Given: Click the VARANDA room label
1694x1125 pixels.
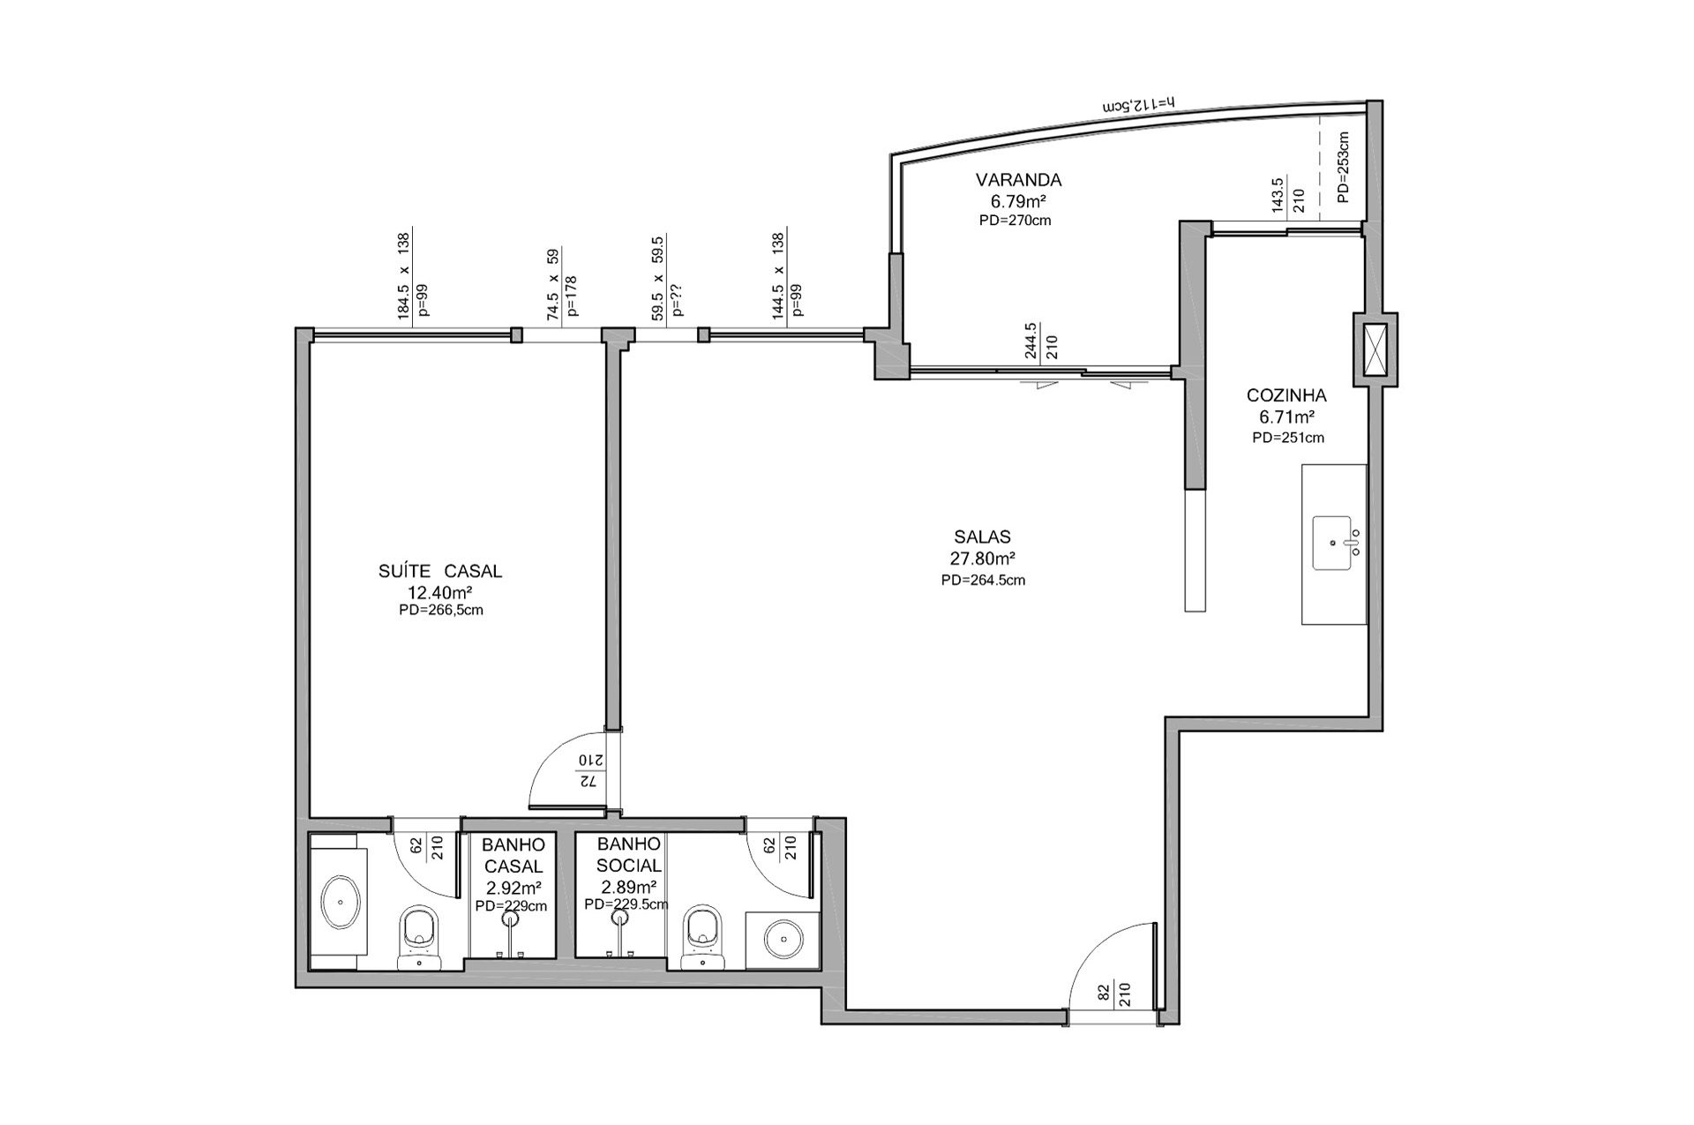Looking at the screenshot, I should pos(1018,180).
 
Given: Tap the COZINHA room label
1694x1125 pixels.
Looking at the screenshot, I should pos(1286,396).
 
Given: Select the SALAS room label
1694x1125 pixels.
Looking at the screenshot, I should pos(982,536).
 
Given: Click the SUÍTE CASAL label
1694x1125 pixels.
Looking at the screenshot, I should pos(440,572).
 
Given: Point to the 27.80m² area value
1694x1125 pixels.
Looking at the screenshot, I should pos(982,559).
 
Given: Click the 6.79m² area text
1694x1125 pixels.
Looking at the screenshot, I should pos(1018,201).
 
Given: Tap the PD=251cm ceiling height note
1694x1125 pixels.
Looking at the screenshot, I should pos(1288,438).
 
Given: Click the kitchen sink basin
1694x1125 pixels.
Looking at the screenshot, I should pos(1332,543).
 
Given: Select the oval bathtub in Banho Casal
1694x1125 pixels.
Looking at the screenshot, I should pos(339,903).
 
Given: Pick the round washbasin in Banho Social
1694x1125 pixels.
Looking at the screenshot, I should pos(781,941).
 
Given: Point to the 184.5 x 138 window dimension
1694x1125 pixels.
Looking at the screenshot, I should pos(403,275).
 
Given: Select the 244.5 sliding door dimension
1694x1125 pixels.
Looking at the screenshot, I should pos(1031,341).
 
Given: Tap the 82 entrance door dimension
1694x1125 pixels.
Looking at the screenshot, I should pos(1104,993).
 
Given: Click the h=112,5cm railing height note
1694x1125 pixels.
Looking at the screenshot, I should pos(1138,105).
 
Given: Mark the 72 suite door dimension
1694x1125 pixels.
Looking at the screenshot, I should pos(588,782).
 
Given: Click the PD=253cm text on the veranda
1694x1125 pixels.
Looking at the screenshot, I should pos(1343,168).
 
